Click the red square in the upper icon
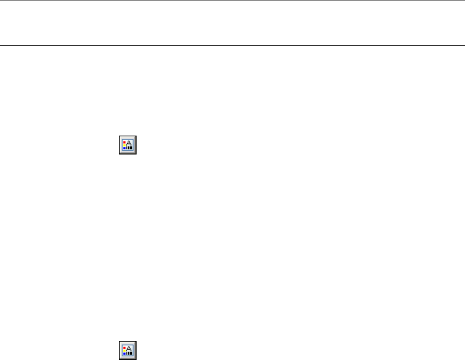(x=124, y=142)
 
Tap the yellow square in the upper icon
(x=124, y=145)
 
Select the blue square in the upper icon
(x=124, y=148)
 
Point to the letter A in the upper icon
(x=129, y=143)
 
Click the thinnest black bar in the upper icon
(x=127, y=148)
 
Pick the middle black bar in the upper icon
(x=129, y=148)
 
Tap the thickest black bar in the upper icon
(x=131, y=148)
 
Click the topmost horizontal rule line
(x=232, y=0)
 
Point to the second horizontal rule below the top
(x=232, y=45)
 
